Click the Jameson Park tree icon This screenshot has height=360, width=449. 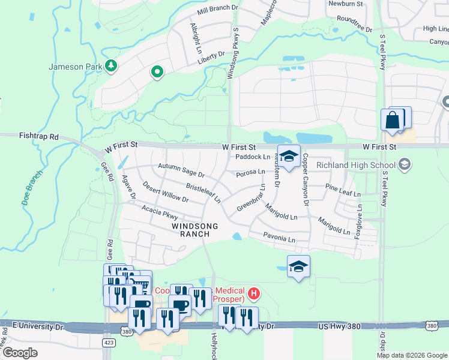click(110, 65)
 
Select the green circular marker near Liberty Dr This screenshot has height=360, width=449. click(157, 73)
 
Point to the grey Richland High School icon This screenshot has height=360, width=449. click(405, 164)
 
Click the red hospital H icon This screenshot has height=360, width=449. click(255, 293)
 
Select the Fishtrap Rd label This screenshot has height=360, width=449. click(38, 137)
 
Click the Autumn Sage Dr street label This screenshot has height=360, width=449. click(181, 171)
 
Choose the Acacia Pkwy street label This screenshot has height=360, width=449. click(160, 212)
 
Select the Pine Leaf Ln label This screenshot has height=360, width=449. click(342, 190)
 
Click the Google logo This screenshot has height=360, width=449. click(20, 353)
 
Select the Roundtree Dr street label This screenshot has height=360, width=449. click(354, 23)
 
